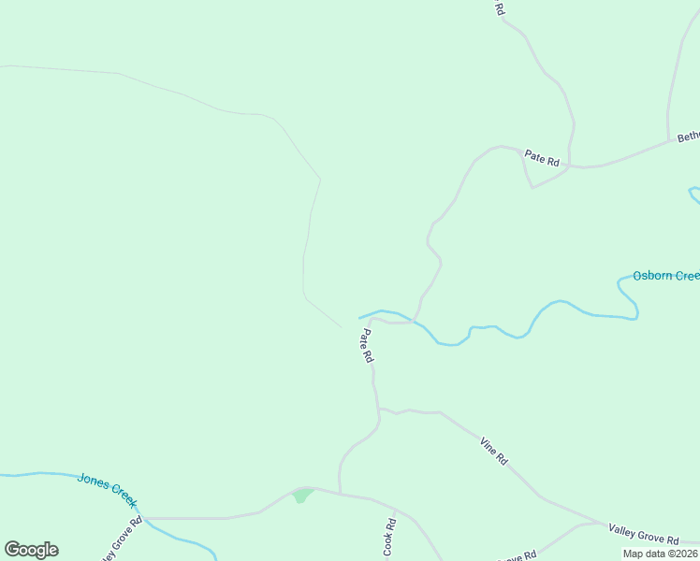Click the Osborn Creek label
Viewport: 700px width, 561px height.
(x=665, y=276)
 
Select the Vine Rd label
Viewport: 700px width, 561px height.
(x=493, y=452)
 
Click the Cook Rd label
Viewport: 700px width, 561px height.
(x=389, y=538)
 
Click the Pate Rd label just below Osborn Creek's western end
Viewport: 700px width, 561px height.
(x=367, y=345)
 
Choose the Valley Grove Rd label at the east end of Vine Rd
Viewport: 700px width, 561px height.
(x=643, y=534)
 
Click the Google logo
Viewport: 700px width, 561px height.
(x=31, y=550)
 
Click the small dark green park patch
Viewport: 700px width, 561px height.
(x=301, y=496)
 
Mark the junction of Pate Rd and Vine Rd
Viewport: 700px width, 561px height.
(x=379, y=410)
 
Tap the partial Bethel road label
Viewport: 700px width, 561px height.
(x=688, y=136)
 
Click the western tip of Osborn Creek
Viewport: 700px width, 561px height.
(x=359, y=317)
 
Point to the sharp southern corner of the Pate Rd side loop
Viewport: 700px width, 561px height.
(x=532, y=187)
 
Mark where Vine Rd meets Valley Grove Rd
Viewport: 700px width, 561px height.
(x=603, y=523)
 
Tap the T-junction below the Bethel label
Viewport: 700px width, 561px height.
(x=668, y=142)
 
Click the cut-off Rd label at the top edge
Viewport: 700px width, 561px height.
(x=499, y=8)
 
